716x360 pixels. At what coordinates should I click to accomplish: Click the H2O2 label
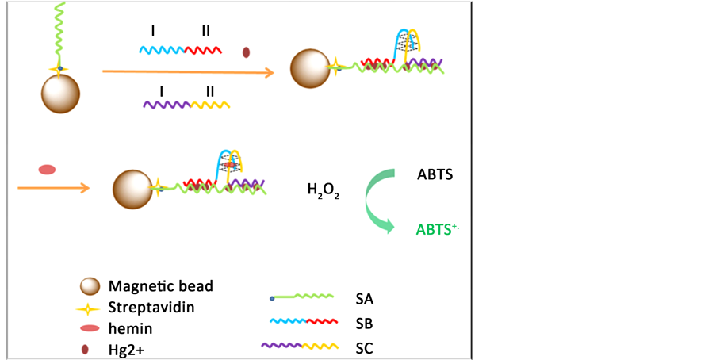324,190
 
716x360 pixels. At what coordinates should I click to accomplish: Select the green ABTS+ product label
438,229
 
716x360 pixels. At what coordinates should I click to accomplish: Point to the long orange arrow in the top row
188,72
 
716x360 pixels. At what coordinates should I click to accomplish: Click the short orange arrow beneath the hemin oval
52,188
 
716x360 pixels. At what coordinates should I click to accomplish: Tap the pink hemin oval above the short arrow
48,169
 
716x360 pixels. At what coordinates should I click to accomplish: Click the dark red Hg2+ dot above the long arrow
246,52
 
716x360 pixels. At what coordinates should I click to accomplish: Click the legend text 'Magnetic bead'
160,286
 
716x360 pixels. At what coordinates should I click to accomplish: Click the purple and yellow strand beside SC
301,347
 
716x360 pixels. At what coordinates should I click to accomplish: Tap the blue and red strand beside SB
302,323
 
